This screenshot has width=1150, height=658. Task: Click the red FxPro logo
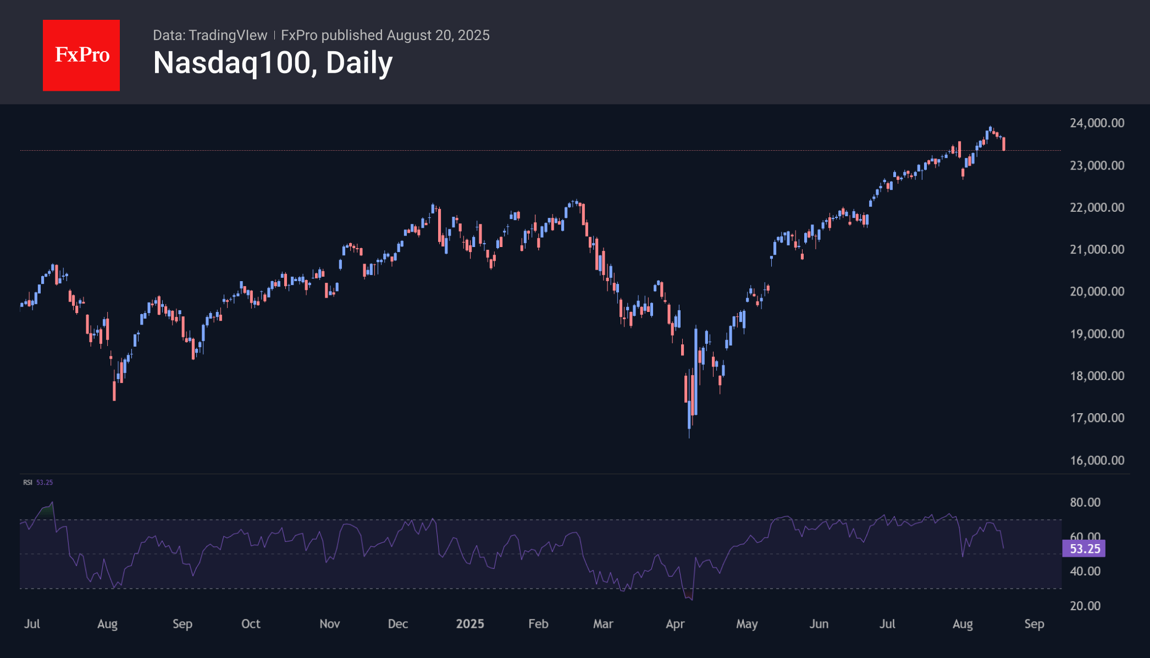(81, 55)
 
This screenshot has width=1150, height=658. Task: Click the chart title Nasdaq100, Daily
(273, 63)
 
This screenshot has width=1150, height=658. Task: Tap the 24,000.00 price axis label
(1097, 123)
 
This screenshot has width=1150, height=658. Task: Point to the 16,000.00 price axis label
(1097, 460)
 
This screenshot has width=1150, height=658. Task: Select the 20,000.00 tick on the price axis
(1097, 291)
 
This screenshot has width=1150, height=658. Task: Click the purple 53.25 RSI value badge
(1084, 549)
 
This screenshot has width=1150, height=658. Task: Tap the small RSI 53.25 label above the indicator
(37, 482)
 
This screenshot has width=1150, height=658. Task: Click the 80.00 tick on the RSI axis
(1085, 502)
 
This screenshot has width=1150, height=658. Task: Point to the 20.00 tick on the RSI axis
(1085, 605)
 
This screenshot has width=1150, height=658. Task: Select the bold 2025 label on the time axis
(470, 623)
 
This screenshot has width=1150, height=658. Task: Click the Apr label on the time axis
(675, 623)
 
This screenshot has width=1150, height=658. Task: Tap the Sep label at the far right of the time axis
(1034, 623)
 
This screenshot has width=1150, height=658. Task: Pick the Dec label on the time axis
(397, 623)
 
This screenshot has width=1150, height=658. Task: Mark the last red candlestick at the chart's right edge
(1004, 144)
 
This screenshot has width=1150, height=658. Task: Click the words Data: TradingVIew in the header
(210, 35)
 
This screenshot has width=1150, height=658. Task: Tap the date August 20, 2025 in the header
(438, 35)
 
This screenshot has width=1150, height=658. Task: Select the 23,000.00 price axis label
(1097, 165)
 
